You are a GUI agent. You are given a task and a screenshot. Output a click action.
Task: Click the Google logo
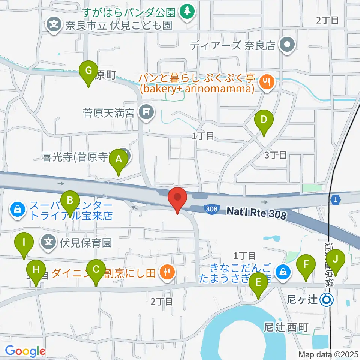click(25, 351)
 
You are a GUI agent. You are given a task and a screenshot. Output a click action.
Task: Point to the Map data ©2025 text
click(328, 354)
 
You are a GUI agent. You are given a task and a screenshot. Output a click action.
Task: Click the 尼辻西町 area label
click(286, 327)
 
